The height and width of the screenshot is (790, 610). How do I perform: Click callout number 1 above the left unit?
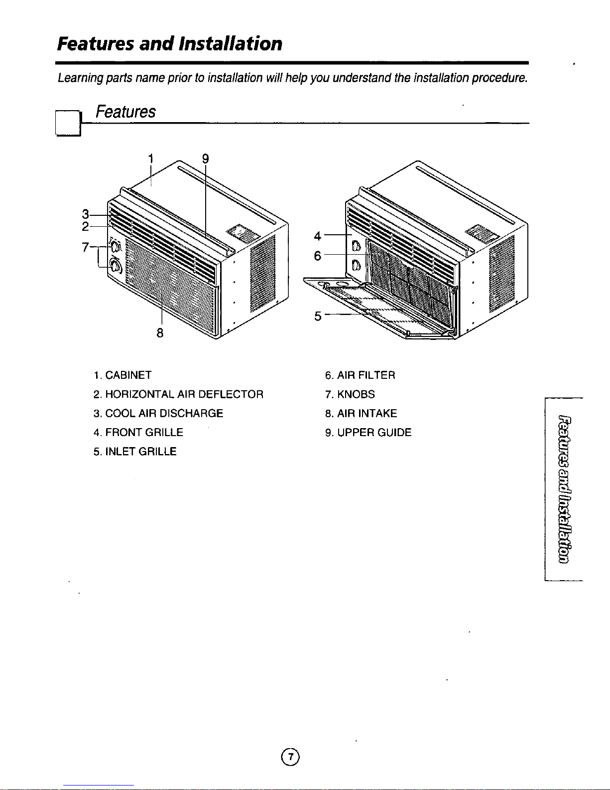pos(151,159)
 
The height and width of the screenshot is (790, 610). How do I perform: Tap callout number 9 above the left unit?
pos(206,159)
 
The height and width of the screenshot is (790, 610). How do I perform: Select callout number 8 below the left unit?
pos(160,332)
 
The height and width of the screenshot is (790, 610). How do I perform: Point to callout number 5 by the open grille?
pos(318,316)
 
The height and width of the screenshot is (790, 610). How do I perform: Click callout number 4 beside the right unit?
pos(318,236)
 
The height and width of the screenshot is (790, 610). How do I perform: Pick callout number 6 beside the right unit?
pos(318,256)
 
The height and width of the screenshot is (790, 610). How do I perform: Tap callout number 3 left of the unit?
pos(85,214)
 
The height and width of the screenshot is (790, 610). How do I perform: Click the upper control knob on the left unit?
pos(116,247)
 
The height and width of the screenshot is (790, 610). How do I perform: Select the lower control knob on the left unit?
pos(116,267)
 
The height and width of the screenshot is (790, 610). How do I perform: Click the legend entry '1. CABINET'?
pos(122,375)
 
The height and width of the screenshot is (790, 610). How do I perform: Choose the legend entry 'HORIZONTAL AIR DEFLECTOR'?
pos(184,394)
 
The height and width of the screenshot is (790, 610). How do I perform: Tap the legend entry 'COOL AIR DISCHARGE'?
pos(164,413)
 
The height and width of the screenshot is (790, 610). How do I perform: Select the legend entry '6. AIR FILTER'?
pos(360,375)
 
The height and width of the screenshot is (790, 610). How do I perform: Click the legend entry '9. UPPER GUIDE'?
pos(368,433)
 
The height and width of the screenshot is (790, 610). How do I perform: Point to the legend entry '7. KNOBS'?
pos(350,394)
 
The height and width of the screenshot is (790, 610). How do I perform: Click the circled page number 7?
pos(290,757)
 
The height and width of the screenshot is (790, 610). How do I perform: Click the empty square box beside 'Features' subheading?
pos(68,123)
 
